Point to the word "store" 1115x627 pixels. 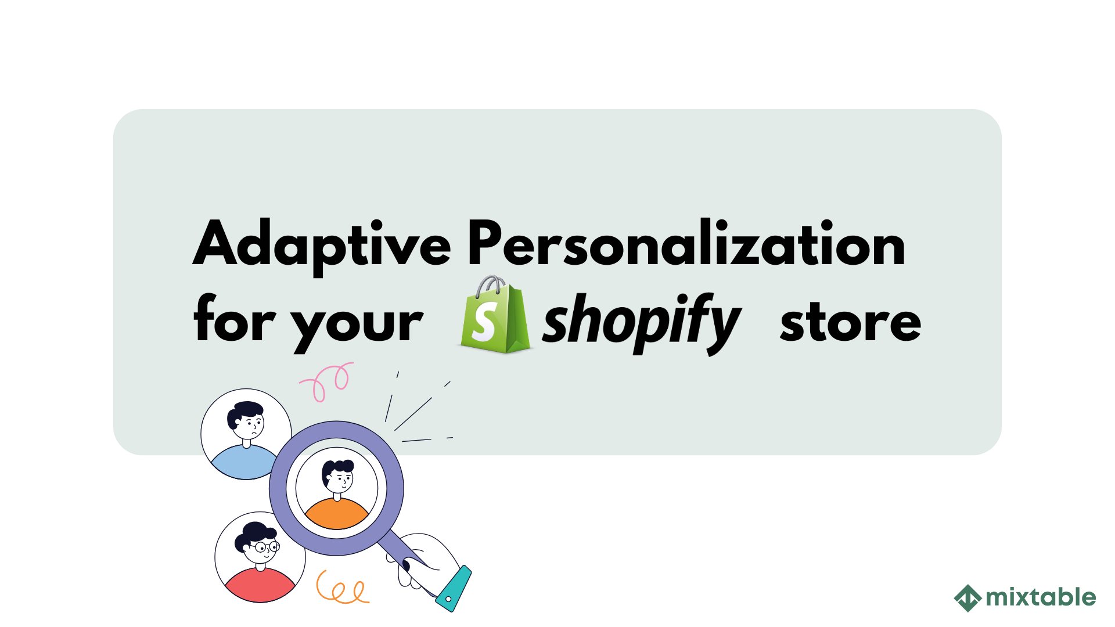(x=850, y=323)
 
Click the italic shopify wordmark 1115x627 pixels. (x=641, y=323)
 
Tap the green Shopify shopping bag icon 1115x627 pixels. (x=495, y=316)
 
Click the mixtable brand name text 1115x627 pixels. (x=1040, y=597)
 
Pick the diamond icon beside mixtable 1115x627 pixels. (x=967, y=598)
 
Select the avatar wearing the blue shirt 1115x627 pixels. (x=246, y=434)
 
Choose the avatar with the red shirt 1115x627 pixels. (x=260, y=557)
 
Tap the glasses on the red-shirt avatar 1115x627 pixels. (x=267, y=547)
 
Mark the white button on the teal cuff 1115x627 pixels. (x=448, y=599)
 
